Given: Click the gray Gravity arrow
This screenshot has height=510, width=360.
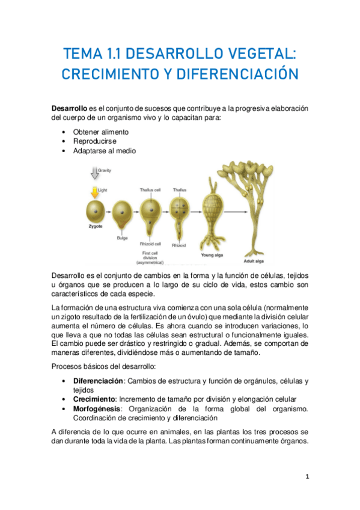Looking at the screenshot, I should tap(94, 174).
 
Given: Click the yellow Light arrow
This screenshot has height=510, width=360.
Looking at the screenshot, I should tap(94, 192).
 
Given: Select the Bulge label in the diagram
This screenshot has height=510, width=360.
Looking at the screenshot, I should tap(122, 238).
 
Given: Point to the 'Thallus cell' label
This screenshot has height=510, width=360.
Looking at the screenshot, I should tap(150, 190).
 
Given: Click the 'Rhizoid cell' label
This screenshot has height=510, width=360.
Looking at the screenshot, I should tap(150, 244).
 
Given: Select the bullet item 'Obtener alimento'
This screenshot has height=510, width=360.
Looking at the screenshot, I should tap(100, 132).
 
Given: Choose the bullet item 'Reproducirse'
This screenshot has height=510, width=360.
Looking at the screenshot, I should tap(95, 141).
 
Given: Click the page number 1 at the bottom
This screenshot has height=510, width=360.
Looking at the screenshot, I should tap(307, 476).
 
